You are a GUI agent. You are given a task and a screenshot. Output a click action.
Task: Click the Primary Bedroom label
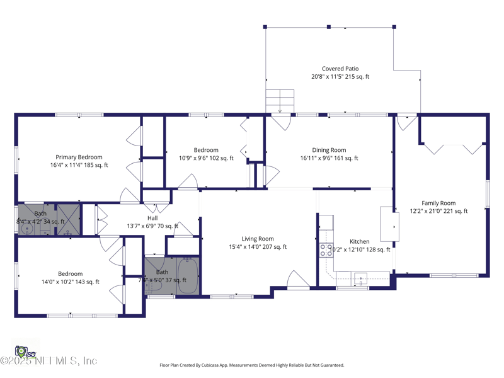79,157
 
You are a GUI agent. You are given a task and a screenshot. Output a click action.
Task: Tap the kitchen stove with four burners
326,250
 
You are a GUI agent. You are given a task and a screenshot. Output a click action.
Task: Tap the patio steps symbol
280,100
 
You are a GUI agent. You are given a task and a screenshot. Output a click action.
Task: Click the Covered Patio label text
340,69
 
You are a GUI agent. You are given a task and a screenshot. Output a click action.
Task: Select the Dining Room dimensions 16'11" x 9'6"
315,158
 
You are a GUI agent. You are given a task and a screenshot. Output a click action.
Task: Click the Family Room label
438,203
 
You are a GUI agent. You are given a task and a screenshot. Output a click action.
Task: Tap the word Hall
152,218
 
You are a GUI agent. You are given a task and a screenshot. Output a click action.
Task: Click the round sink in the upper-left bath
26,229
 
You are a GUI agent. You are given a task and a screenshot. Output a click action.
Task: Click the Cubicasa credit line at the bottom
252,365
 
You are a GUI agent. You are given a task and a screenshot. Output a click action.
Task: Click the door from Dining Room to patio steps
280,122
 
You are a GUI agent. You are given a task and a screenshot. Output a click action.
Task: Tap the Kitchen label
360,241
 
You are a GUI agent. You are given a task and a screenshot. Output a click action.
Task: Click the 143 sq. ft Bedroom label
70,273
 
